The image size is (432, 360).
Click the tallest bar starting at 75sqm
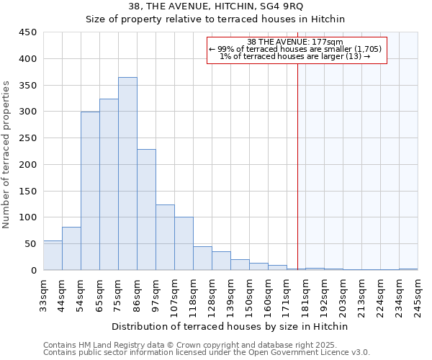pyautogui.click(x=127, y=174)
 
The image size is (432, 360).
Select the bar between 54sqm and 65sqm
pyautogui.click(x=90, y=191)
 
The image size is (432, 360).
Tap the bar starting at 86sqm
pyautogui.click(x=146, y=210)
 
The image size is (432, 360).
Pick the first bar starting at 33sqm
pyautogui.click(x=53, y=256)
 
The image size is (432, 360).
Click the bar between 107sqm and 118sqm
pyautogui.click(x=184, y=243)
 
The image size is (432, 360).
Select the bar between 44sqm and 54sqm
pyautogui.click(x=71, y=248)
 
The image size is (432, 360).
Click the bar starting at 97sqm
pyautogui.click(x=165, y=238)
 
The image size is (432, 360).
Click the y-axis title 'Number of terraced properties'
pyautogui.click(x=6, y=154)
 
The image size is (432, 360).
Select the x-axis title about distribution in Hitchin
pyautogui.click(x=230, y=326)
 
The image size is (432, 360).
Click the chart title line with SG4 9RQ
pyautogui.click(x=216, y=6)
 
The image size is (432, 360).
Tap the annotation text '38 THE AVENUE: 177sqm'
pyautogui.click(x=297, y=42)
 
